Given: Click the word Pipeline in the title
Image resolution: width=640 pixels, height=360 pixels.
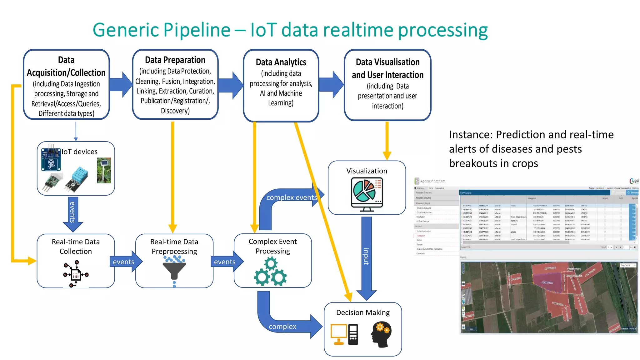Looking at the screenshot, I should coord(197,30).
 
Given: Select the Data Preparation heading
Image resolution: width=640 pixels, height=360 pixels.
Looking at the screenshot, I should coord(175,60).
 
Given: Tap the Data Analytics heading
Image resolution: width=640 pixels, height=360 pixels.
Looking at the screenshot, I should coord(281,62).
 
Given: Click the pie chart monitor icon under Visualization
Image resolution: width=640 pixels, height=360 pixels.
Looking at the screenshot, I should coord(367,194).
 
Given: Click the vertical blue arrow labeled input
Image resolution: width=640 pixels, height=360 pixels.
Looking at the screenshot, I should coord(366,256).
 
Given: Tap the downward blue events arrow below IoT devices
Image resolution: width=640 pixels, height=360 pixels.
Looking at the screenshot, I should coord(73,212).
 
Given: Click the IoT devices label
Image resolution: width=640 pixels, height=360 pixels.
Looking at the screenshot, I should coord(79,152).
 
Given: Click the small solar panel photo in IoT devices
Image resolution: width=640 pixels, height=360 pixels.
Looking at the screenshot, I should coord(104,170).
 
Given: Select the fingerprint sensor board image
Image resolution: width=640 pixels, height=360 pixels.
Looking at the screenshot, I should coord(51,160).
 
